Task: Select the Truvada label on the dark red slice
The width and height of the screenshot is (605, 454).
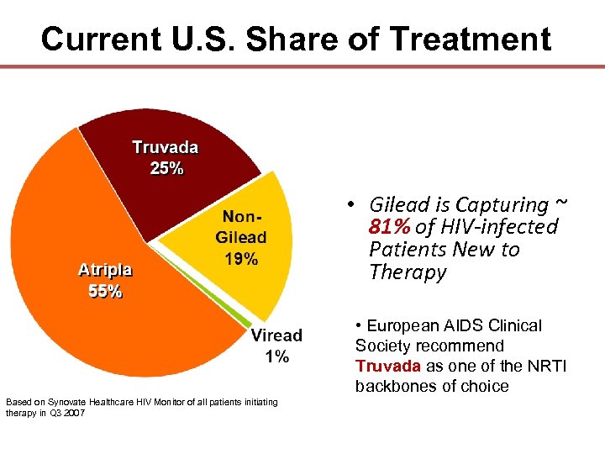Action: coord(166,148)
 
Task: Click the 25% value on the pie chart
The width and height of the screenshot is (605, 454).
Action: coord(166,167)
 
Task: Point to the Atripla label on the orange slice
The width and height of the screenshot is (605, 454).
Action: coord(105,270)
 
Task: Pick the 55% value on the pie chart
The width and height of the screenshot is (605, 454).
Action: coord(105,291)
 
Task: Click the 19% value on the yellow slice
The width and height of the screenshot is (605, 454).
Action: coord(240,259)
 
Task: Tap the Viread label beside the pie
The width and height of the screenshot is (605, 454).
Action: coord(276,336)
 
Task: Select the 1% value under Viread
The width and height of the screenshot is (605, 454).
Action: coord(276,356)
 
